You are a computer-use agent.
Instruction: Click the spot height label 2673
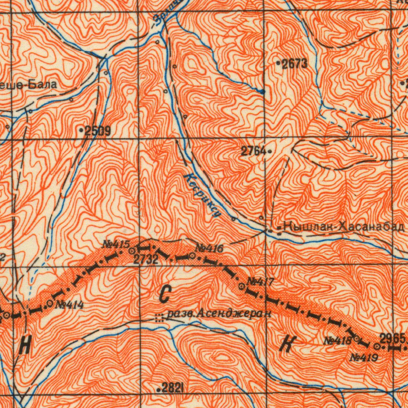[294, 64]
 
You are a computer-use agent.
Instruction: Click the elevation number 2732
[146, 260]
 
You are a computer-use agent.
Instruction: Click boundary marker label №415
[116, 244]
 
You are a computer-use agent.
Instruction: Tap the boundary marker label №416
[209, 249]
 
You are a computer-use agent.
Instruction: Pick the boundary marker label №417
[260, 282]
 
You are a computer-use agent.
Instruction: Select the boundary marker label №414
[69, 305]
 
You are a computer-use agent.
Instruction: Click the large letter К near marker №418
[286, 343]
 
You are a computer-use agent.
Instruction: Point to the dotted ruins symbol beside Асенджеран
[159, 318]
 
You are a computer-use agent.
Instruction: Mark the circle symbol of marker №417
[241, 286]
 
